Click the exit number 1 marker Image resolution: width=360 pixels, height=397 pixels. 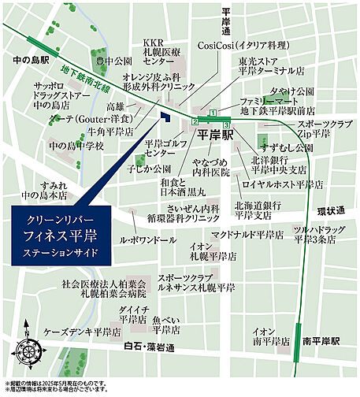pos(212,112)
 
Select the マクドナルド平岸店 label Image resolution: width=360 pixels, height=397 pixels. pos(247,235)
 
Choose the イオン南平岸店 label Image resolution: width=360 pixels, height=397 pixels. pos(269,337)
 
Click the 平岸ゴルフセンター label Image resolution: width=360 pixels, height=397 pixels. pos(164,150)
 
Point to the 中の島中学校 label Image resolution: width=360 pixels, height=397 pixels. pos(76,146)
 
